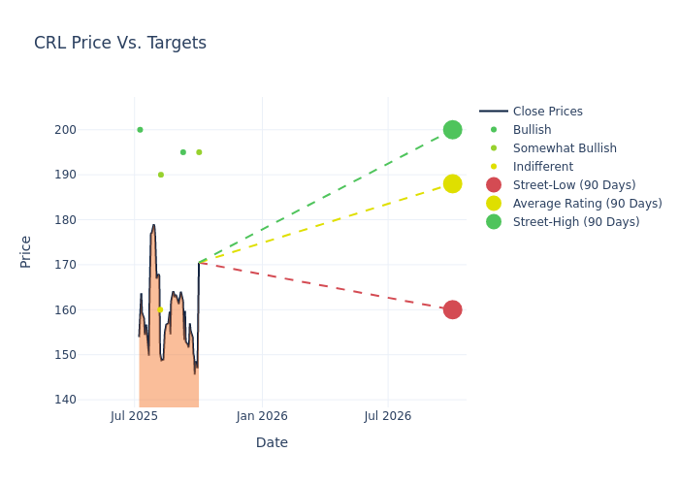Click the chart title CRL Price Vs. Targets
pyautogui.click(x=120, y=43)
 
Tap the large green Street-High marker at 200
pyautogui.click(x=452, y=130)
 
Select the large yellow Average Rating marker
pyautogui.click(x=452, y=183)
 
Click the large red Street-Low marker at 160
pyautogui.click(x=452, y=309)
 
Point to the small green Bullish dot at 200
pyautogui.click(x=140, y=130)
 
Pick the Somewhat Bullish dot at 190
pyautogui.click(x=160, y=175)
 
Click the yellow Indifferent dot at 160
pyautogui.click(x=160, y=309)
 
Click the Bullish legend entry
pyautogui.click(x=532, y=130)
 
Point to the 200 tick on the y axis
pyautogui.click(x=92, y=130)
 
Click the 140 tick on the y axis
pyautogui.click(x=92, y=400)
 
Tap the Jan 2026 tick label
pyautogui.click(x=261, y=416)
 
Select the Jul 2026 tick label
pyautogui.click(x=387, y=416)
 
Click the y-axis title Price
pyautogui.click(x=26, y=251)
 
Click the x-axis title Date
pyautogui.click(x=272, y=442)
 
